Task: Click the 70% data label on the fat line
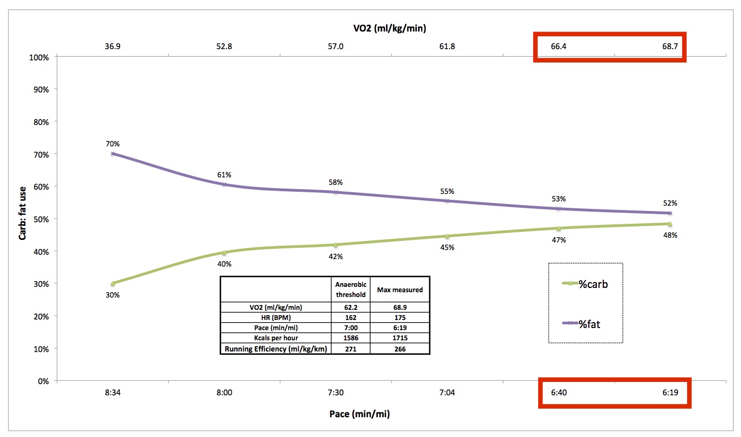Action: point(112,144)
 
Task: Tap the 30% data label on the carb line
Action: point(112,295)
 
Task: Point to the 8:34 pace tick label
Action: point(113,393)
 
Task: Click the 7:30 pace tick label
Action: point(335,393)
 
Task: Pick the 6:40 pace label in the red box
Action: point(558,393)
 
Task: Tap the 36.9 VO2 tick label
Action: point(113,46)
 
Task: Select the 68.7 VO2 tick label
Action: point(669,46)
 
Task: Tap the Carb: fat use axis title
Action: point(22,219)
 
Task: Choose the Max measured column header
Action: point(400,290)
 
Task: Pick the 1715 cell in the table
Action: point(400,338)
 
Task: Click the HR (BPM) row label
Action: point(275,317)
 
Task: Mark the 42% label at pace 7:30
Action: point(336,256)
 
